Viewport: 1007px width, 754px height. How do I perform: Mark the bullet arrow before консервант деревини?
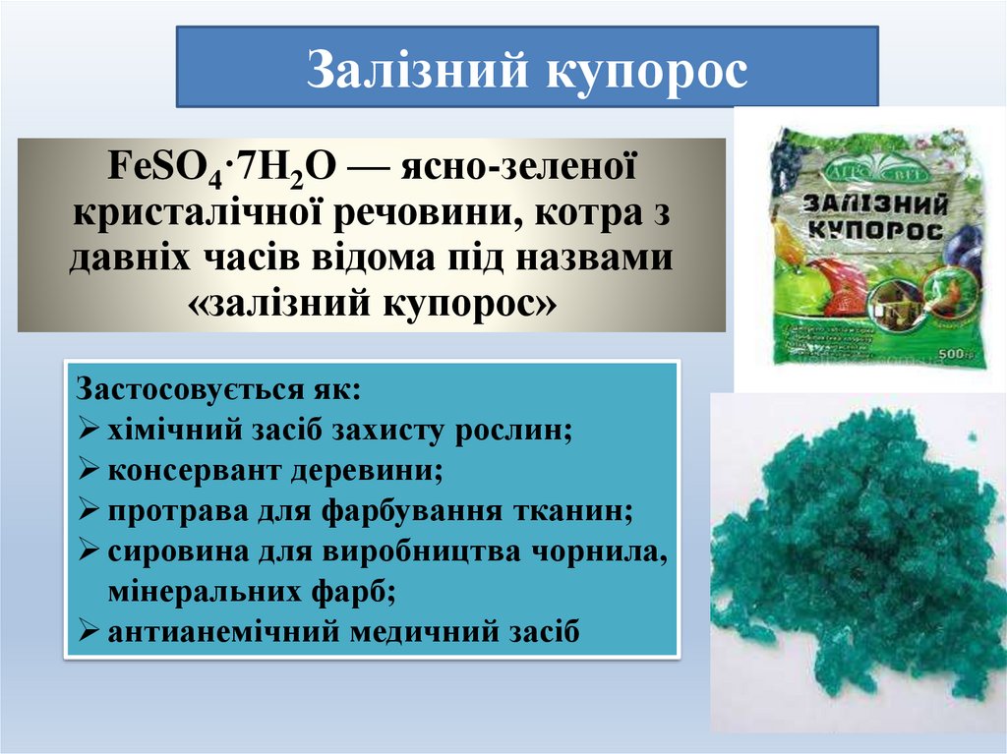pos(87,470)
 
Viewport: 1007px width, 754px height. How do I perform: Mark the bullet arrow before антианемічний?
pos(87,632)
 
